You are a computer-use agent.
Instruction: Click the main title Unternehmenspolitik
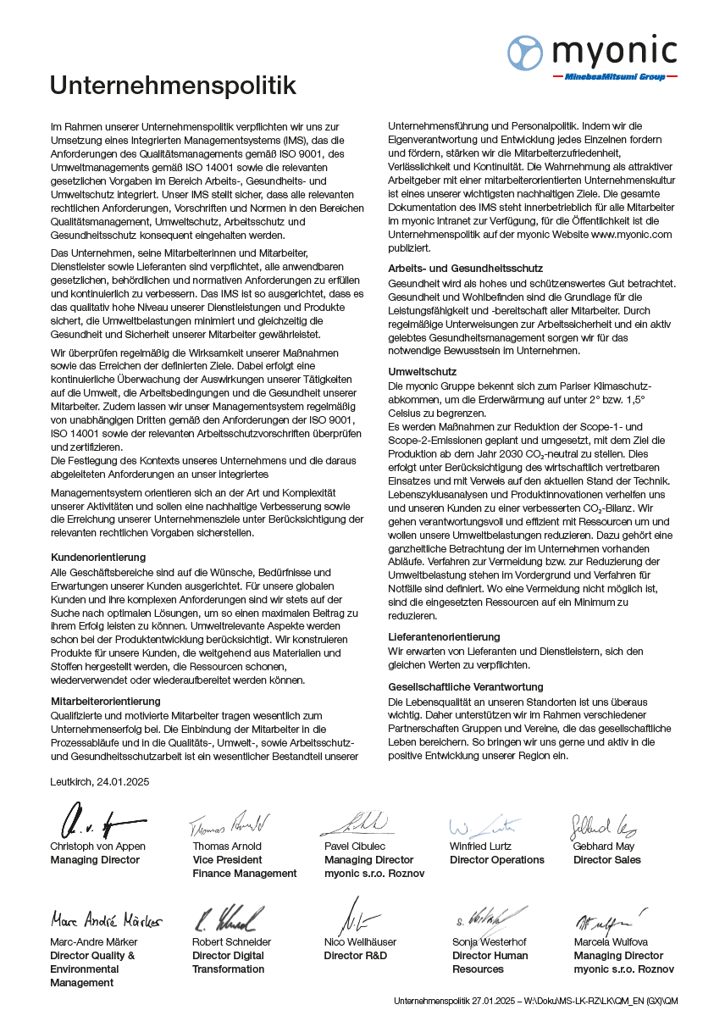[173, 86]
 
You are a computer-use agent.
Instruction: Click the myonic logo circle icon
[525, 53]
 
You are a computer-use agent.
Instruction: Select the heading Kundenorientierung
[98, 558]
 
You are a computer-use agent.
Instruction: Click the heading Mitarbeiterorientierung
[106, 702]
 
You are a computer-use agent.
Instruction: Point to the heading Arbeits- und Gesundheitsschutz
[466, 269]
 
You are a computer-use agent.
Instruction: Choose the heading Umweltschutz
[423, 371]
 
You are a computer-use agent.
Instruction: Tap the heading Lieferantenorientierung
[444, 636]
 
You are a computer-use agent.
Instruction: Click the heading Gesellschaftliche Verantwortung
[466, 687]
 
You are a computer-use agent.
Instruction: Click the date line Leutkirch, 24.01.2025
[100, 782]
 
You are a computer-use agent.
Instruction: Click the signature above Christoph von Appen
[93, 820]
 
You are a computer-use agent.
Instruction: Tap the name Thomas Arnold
[227, 847]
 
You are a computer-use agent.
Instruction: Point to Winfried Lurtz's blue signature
[483, 824]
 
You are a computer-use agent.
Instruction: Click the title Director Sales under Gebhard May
[607, 860]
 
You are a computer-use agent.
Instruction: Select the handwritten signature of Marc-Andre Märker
[105, 919]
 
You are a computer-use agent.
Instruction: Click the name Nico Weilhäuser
[361, 942]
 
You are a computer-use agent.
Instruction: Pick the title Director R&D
[356, 956]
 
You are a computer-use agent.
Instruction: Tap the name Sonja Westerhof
[490, 942]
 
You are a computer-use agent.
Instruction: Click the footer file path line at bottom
[535, 1001]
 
